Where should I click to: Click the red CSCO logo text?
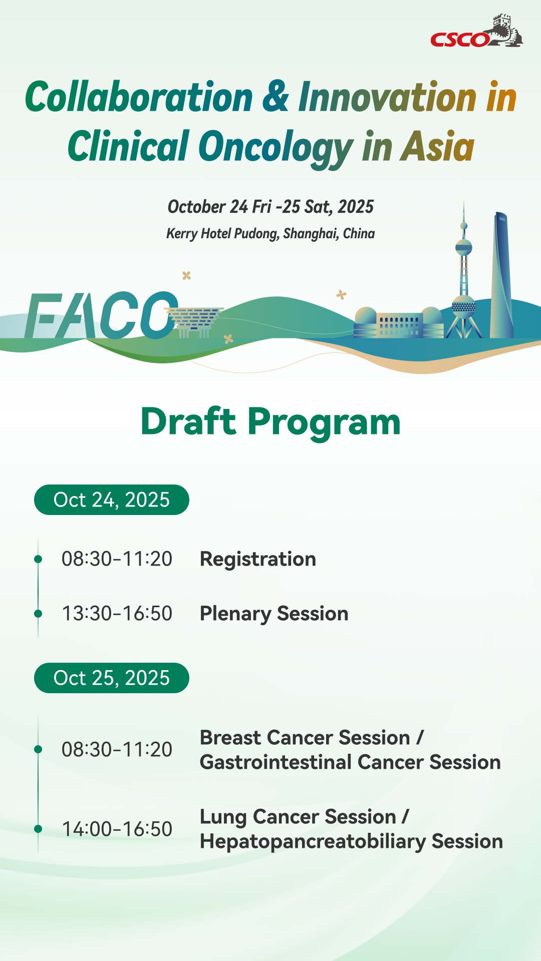pyautogui.click(x=460, y=40)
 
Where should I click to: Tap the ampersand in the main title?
pyautogui.click(x=276, y=96)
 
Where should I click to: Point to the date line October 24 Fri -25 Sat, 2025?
pyautogui.click(x=270, y=207)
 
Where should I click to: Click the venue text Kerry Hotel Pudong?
pyautogui.click(x=222, y=234)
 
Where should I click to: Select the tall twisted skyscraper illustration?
pyautogui.click(x=501, y=275)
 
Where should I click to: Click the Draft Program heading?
pyautogui.click(x=270, y=421)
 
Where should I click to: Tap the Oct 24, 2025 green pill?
pyautogui.click(x=112, y=500)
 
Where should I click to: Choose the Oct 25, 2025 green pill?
pyautogui.click(x=112, y=678)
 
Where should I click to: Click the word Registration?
pyautogui.click(x=258, y=560)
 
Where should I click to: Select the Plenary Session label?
pyautogui.click(x=274, y=614)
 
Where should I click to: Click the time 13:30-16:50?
pyautogui.click(x=117, y=614)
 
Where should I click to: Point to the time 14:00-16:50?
pyautogui.click(x=117, y=829)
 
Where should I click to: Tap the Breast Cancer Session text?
pyautogui.click(x=305, y=738)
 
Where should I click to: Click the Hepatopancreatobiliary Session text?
pyautogui.click(x=351, y=842)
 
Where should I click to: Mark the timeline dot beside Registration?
pyautogui.click(x=38, y=559)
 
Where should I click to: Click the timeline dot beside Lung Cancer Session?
pyautogui.click(x=38, y=828)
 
